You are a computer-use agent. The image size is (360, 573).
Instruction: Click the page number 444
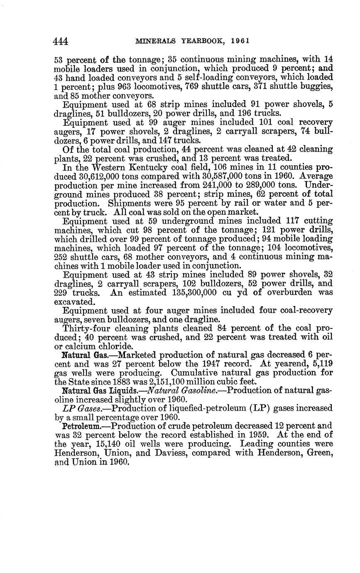click(61, 42)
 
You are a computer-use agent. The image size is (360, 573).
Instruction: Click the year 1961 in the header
click(240, 41)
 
